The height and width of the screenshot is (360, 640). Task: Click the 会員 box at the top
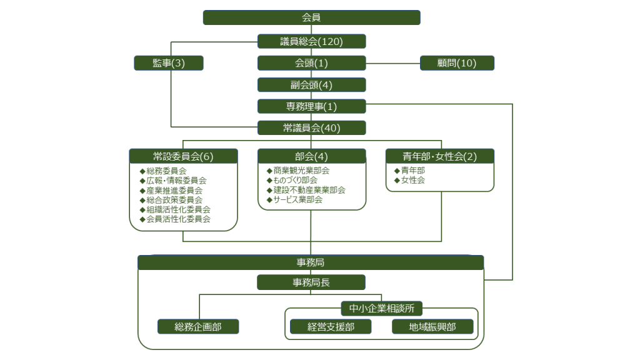coord(311,17)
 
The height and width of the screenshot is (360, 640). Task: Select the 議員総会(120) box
coord(311,42)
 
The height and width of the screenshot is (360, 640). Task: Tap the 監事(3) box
coord(169,63)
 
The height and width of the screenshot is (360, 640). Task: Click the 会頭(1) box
coord(311,63)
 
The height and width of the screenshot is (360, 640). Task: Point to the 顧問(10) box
coord(457,63)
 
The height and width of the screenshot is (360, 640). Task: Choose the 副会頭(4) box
coord(311,85)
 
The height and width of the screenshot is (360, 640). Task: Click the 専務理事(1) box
coord(311,106)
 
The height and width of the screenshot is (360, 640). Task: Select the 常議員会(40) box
coord(311,128)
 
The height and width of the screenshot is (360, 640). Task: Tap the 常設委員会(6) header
coord(183,156)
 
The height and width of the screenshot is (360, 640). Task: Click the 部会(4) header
coord(311,156)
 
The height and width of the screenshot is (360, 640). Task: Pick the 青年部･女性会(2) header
coord(440,156)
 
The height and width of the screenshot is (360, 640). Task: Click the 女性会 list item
coord(412,180)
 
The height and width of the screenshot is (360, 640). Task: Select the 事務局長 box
coord(311,282)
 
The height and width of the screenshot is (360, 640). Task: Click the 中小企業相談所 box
coord(382,308)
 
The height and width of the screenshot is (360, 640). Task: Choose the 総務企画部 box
coord(198,327)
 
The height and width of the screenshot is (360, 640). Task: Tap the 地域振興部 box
coord(432,327)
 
